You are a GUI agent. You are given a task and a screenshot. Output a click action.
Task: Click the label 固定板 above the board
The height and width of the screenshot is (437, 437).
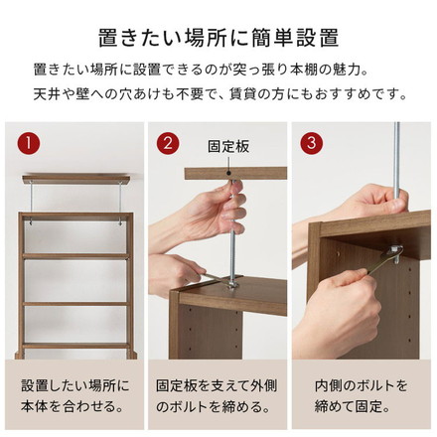tap(228, 146)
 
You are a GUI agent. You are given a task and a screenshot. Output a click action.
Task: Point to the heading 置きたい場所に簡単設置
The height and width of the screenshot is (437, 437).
tap(218, 39)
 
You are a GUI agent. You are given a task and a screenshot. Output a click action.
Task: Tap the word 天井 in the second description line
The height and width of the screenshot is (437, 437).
tap(44, 95)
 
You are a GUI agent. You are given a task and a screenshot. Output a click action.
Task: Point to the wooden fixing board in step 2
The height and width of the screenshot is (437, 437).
tap(228, 172)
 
